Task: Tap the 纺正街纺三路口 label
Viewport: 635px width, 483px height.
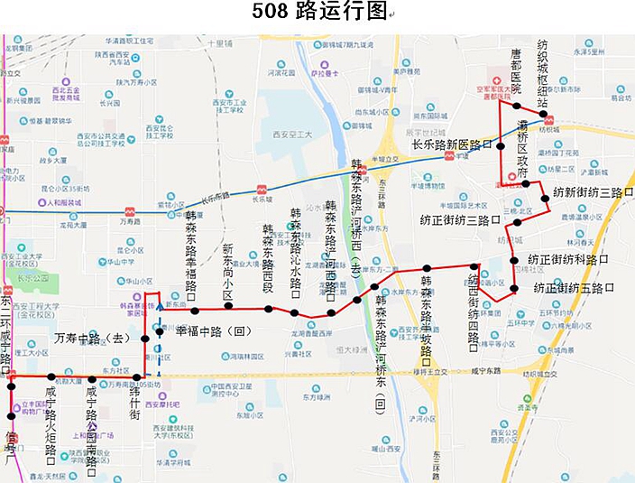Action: coord(460,219)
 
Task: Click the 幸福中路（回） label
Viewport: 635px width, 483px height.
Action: coord(212,331)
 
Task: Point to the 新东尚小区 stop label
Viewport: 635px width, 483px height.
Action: coord(228,272)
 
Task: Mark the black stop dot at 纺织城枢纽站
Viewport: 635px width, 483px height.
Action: coord(555,115)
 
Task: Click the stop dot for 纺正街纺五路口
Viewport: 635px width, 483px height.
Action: coord(514,289)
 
